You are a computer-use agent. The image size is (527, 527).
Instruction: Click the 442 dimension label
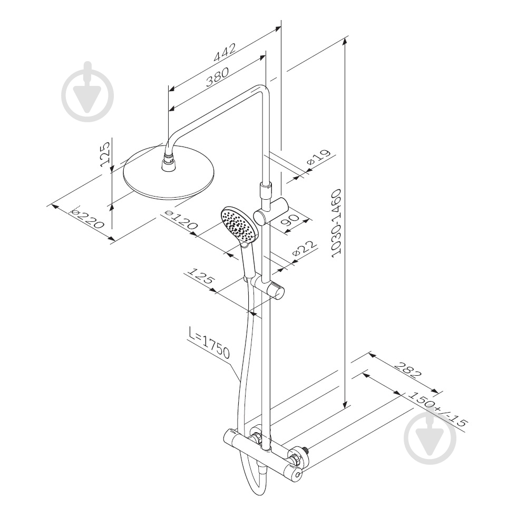225,52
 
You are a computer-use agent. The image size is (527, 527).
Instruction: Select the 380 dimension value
217,77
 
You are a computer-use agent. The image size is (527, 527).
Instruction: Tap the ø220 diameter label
86,218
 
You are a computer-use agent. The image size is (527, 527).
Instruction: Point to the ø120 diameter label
180,220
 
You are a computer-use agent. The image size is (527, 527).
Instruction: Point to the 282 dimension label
407,370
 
